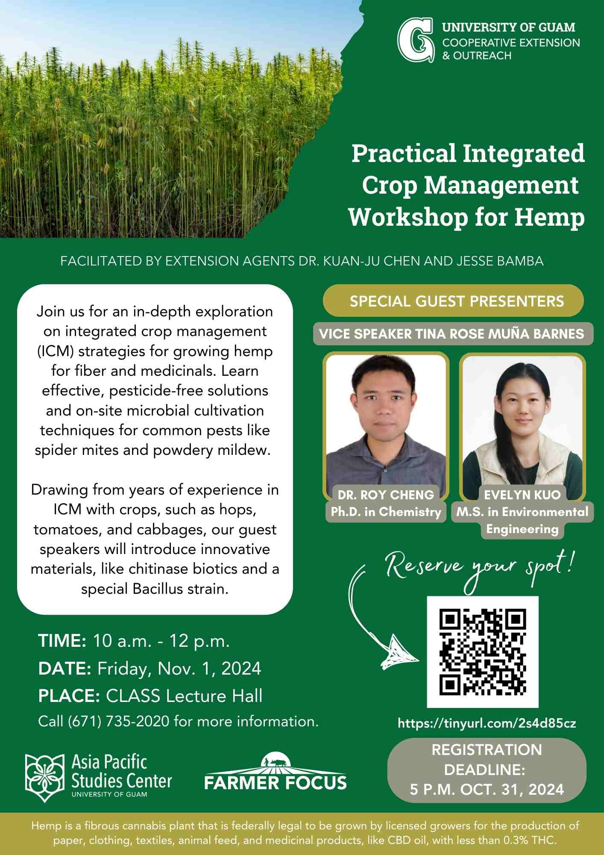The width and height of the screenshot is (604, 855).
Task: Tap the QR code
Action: tap(483, 652)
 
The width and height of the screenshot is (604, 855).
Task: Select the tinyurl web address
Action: tap(487, 723)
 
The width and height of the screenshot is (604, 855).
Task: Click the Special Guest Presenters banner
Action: tap(453, 301)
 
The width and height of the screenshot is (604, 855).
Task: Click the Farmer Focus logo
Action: tap(276, 771)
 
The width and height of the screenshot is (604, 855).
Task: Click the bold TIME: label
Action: tap(62, 641)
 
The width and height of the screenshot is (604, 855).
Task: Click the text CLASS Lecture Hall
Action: tap(184, 696)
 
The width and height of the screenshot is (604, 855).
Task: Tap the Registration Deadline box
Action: tap(487, 770)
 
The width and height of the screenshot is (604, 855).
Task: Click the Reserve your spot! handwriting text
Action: tap(479, 567)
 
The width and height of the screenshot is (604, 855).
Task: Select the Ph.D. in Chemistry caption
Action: tap(386, 512)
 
